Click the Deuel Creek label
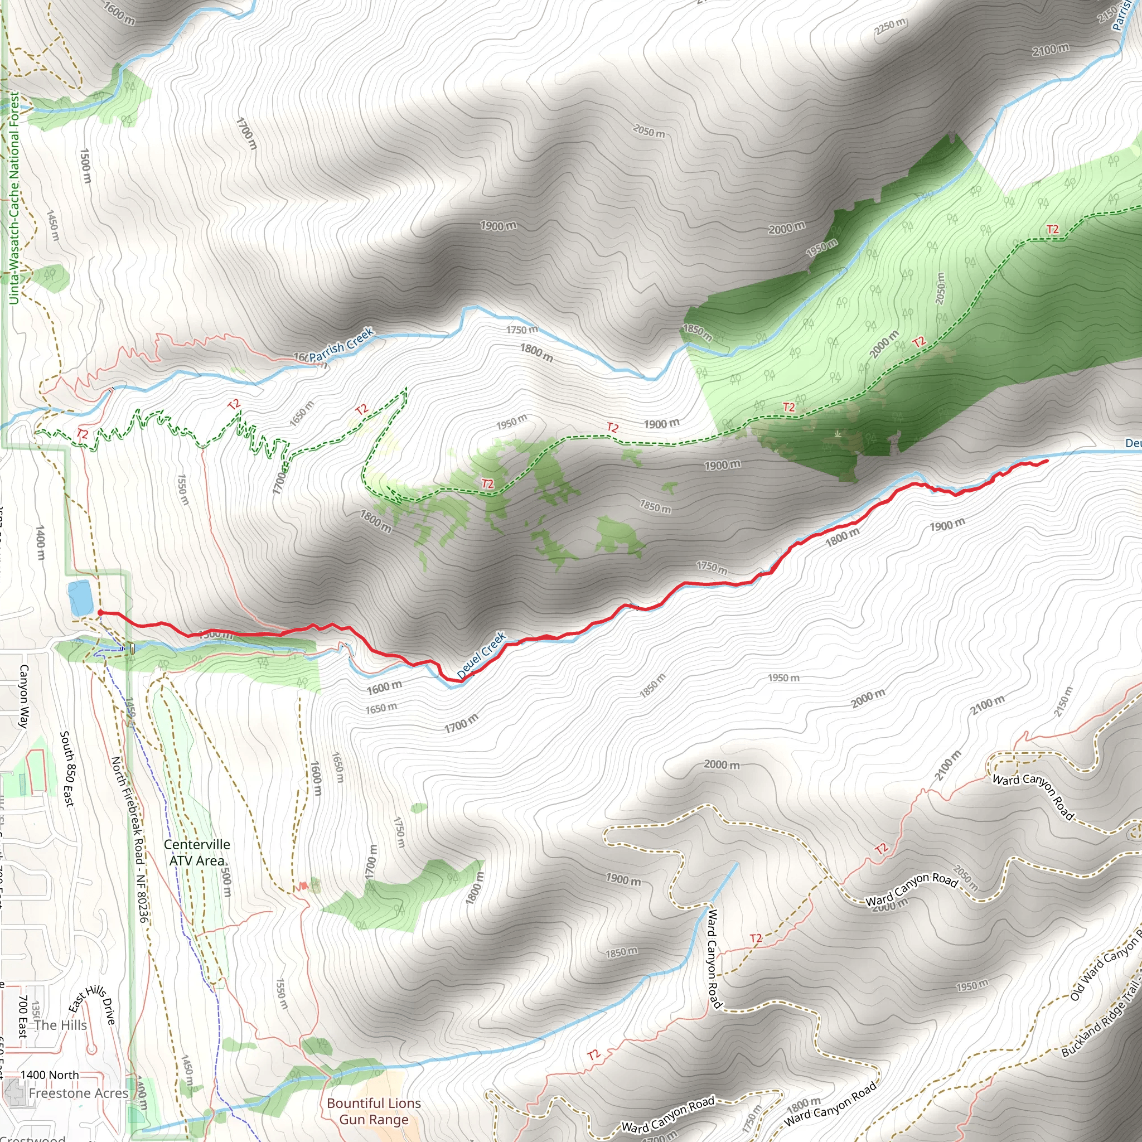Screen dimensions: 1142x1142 481,655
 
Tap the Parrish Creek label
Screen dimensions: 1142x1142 341,345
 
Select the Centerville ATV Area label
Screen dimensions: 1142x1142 197,853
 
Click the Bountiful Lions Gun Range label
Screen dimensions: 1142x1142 374,1111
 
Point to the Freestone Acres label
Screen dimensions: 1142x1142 79,1093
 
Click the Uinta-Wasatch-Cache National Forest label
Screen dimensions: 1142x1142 14,198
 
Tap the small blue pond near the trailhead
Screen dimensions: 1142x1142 80,598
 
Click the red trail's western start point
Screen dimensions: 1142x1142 100,612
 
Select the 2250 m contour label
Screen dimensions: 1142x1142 890,26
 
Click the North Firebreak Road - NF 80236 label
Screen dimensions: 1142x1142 129,839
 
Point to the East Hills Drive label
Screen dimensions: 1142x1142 92,1004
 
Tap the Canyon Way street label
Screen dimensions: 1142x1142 24,696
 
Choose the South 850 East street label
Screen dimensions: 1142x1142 67,768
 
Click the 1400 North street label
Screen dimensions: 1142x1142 50,1075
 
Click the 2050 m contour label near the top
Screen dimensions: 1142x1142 649,131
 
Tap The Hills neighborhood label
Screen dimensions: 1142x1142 60,1025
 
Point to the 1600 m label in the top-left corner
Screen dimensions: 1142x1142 119,12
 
